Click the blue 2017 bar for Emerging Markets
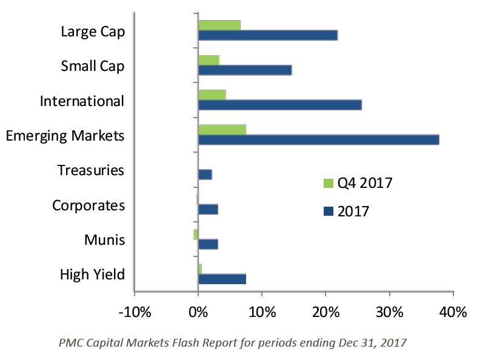318,139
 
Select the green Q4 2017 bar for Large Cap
219,25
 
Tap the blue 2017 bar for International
279,105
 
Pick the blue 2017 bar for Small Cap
245,70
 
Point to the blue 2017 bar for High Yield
222,279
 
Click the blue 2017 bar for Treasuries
205,175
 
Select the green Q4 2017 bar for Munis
196,234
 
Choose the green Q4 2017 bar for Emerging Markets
222,129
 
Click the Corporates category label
89,205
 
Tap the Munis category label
105,240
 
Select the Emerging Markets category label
65,136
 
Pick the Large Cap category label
93,32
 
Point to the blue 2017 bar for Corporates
208,209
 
